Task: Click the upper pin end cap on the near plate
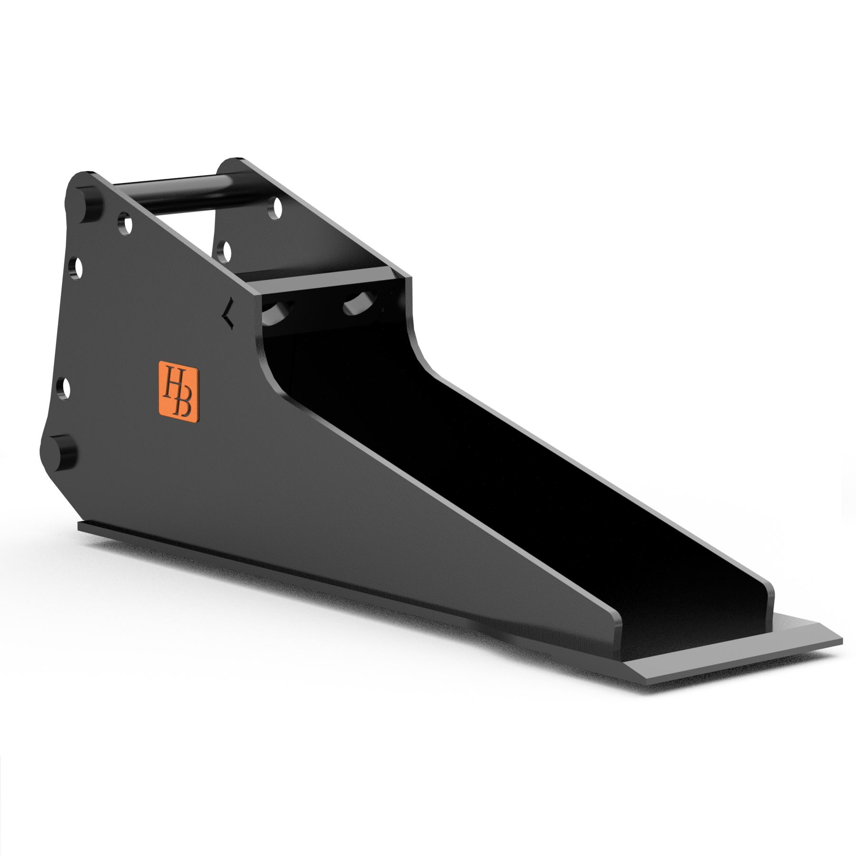tap(89, 205)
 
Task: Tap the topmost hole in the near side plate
tap(126, 224)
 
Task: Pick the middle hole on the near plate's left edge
tap(76, 268)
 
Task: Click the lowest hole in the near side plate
tap(65, 389)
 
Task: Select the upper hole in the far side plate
tap(275, 208)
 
